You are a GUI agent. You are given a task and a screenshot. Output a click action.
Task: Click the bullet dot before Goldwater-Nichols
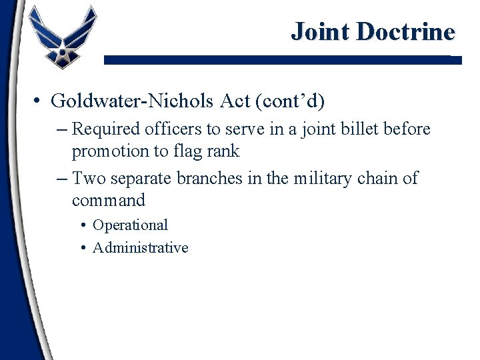click(38, 101)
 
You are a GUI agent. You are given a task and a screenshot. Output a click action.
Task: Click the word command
click(108, 201)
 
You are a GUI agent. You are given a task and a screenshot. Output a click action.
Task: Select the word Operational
click(130, 225)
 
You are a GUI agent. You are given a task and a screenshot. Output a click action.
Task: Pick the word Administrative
click(140, 248)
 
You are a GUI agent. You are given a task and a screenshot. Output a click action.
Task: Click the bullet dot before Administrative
click(83, 248)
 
